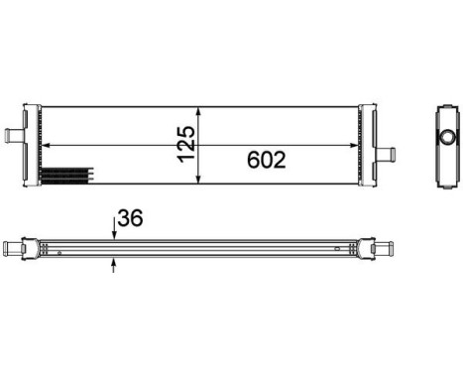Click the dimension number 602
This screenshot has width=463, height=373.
tap(259, 159)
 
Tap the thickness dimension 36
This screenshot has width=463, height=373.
tap(130, 218)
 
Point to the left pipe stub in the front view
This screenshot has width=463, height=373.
tap(14, 132)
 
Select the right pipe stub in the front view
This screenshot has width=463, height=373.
tap(385, 154)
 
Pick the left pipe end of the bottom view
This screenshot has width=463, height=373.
tap(12, 246)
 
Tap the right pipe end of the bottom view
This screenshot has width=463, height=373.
tap(386, 246)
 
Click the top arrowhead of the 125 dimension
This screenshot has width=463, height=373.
tap(201, 110)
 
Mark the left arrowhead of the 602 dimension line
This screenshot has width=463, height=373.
tap(47, 146)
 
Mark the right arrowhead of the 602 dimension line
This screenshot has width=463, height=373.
tap(361, 146)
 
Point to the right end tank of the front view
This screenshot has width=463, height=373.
tap(368, 144)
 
